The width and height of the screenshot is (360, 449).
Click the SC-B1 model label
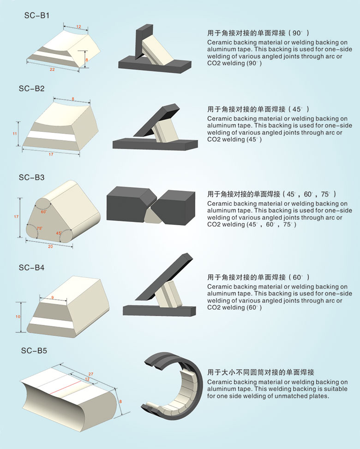(36, 16)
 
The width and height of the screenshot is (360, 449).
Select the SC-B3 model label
(31, 178)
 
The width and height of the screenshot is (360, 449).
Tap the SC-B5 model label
(34, 351)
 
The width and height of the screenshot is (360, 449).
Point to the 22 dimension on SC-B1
(52, 69)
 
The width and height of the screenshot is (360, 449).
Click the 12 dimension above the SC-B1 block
(78, 27)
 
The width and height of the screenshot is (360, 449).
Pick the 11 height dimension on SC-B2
(15, 133)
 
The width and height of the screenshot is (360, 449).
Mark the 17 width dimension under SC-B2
(51, 154)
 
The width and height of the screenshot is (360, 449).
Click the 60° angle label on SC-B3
(43, 212)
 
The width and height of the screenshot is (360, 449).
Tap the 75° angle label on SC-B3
(40, 228)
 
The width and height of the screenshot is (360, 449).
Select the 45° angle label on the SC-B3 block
(59, 233)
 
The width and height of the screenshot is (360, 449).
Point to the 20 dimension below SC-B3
(50, 246)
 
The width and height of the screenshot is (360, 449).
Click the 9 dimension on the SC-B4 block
(53, 298)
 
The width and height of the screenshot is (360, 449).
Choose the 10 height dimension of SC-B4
(18, 317)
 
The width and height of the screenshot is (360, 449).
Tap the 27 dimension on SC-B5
(91, 374)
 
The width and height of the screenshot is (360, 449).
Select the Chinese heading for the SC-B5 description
(261, 372)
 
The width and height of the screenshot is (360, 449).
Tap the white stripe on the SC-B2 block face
(51, 136)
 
